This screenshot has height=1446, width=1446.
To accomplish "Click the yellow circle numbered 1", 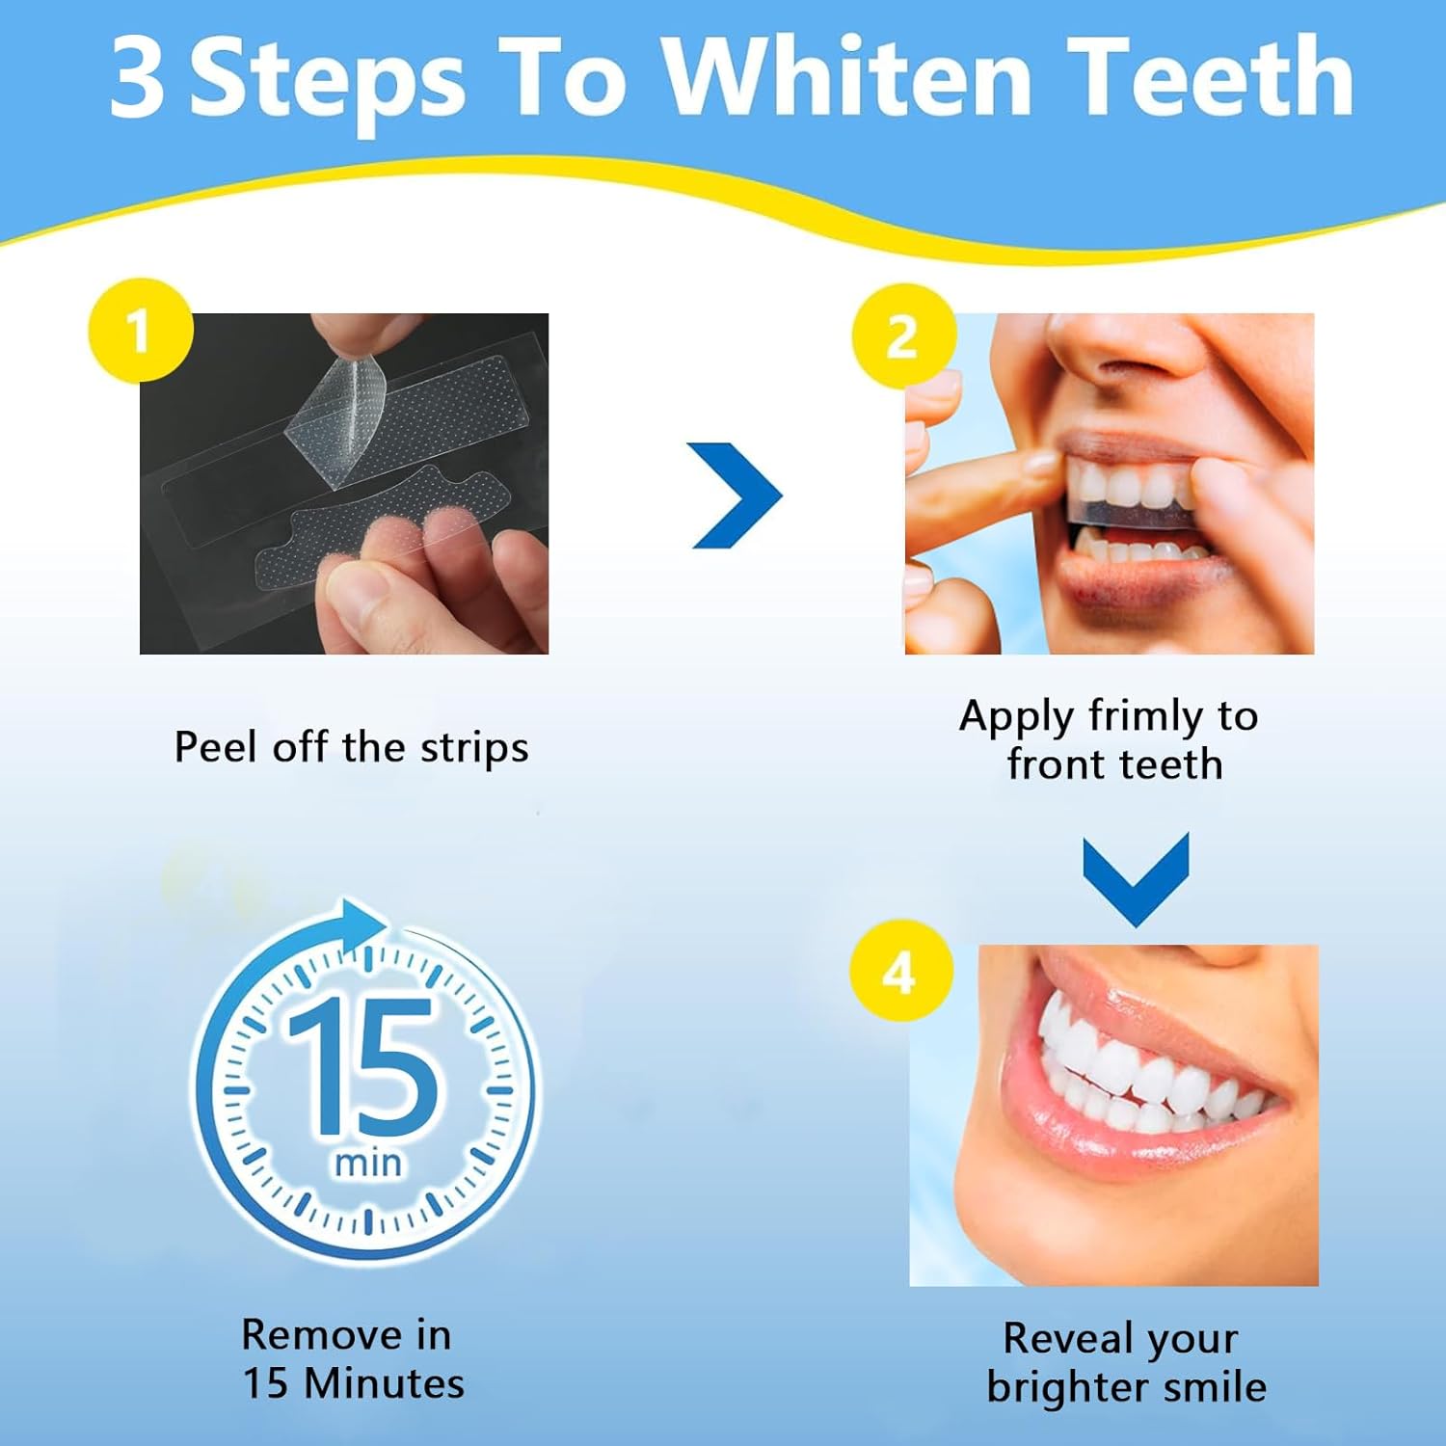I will (x=140, y=330).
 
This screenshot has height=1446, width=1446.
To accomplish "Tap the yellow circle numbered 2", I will (x=903, y=336).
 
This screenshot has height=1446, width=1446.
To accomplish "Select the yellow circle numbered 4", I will (x=900, y=972).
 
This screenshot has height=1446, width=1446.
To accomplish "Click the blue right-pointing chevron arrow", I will (x=736, y=495).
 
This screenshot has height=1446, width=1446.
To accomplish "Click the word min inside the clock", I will (x=367, y=1164).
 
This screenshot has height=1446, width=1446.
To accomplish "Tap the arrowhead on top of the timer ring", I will (x=363, y=924).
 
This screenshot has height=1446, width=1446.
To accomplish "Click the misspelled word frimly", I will (x=1146, y=716).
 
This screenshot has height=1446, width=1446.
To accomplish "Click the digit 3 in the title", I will (x=137, y=79).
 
